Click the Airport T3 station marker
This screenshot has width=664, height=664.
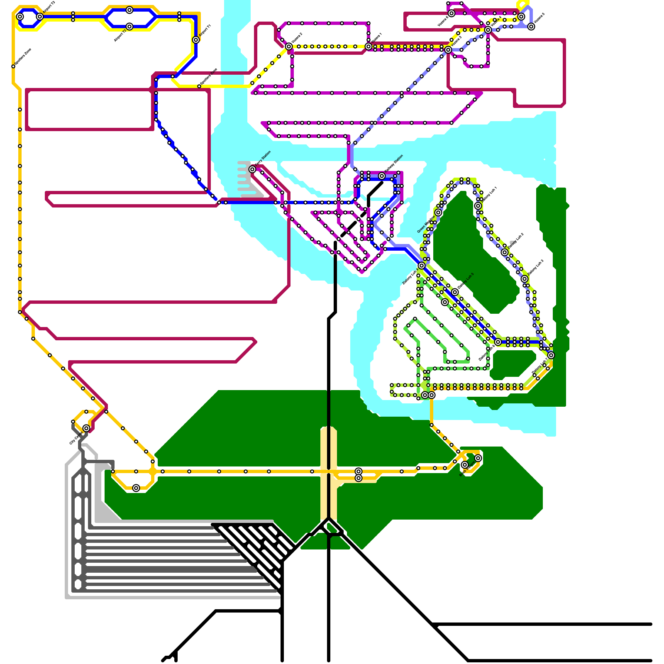point(40,17)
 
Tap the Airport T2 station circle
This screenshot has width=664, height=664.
point(129,27)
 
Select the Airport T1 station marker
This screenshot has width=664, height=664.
point(196,40)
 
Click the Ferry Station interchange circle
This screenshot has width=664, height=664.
point(252,169)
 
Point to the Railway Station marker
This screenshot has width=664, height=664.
point(382,176)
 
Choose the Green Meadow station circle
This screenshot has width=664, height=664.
point(438,212)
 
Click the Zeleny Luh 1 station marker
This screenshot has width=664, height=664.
point(478,206)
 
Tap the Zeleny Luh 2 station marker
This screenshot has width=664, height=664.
point(505,252)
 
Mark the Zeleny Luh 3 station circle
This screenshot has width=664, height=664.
point(525,279)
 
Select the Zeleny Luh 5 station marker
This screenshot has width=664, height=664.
point(455,292)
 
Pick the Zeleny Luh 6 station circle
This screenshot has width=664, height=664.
point(498,342)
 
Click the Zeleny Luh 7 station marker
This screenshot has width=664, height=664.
point(551,355)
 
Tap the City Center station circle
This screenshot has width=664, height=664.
point(86,428)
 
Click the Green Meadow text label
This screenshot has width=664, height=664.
point(426,224)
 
